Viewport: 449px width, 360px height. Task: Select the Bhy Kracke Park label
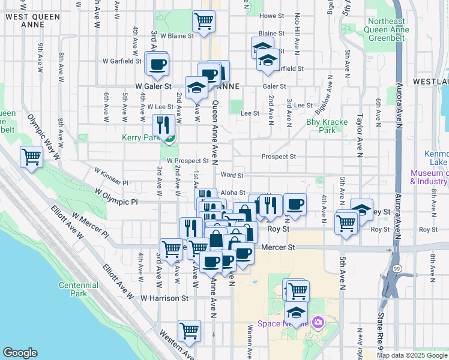click(327, 125)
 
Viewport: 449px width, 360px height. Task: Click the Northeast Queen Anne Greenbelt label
click(388, 29)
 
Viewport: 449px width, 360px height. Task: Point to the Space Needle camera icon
click(317, 323)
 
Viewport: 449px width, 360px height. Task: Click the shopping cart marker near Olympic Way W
click(31, 157)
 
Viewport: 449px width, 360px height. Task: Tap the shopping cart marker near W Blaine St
click(203, 22)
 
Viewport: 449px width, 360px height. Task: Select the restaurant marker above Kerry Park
click(163, 125)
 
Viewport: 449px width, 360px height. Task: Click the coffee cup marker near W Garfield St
click(157, 64)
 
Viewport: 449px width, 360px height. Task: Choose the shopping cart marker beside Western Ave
click(189, 331)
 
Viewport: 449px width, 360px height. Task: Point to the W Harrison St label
click(164, 298)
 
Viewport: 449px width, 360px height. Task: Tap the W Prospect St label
click(187, 161)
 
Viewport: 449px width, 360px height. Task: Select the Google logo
click(20, 353)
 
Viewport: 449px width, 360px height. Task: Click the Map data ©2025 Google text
click(412, 355)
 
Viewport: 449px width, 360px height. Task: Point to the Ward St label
click(232, 175)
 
